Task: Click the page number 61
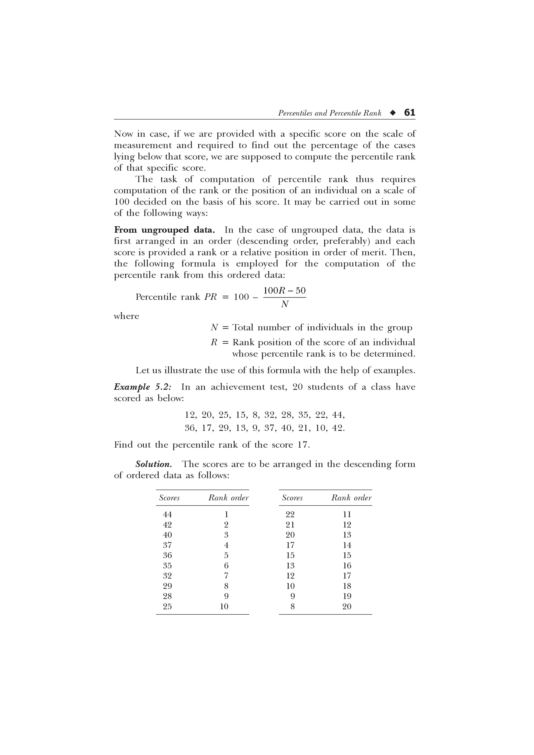(x=410, y=113)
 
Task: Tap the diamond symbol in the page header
(x=392, y=113)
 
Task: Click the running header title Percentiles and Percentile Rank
(x=329, y=113)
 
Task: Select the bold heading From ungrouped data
(x=164, y=230)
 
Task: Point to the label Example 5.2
(x=142, y=387)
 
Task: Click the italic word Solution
(x=154, y=464)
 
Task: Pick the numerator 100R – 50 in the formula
(x=285, y=291)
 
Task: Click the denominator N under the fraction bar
(x=285, y=305)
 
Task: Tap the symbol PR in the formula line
(x=211, y=297)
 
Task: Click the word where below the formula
(x=126, y=316)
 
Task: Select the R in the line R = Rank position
(x=214, y=342)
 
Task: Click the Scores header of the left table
(x=169, y=498)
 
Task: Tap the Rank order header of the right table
(x=351, y=498)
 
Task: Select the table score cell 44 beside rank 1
(x=167, y=514)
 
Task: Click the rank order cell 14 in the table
(x=347, y=545)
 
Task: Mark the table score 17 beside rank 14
(x=290, y=545)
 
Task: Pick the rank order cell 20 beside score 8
(x=347, y=607)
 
